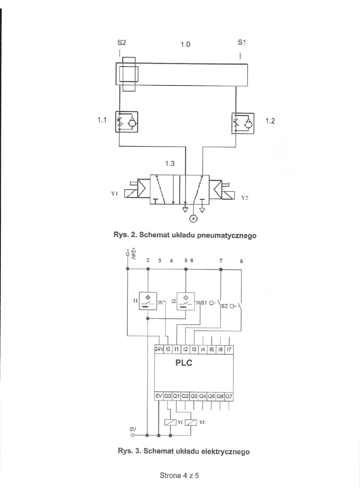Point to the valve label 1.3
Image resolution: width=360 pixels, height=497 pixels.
(171, 164)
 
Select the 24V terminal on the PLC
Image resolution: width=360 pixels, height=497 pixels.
(159, 349)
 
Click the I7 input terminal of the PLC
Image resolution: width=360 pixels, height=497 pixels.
(230, 349)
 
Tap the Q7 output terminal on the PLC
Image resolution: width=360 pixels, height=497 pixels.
(229, 396)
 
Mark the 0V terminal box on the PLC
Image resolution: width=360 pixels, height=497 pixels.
(159, 396)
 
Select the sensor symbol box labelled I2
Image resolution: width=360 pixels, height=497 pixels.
(186, 301)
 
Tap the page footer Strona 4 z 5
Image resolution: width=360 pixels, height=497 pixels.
(179, 476)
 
